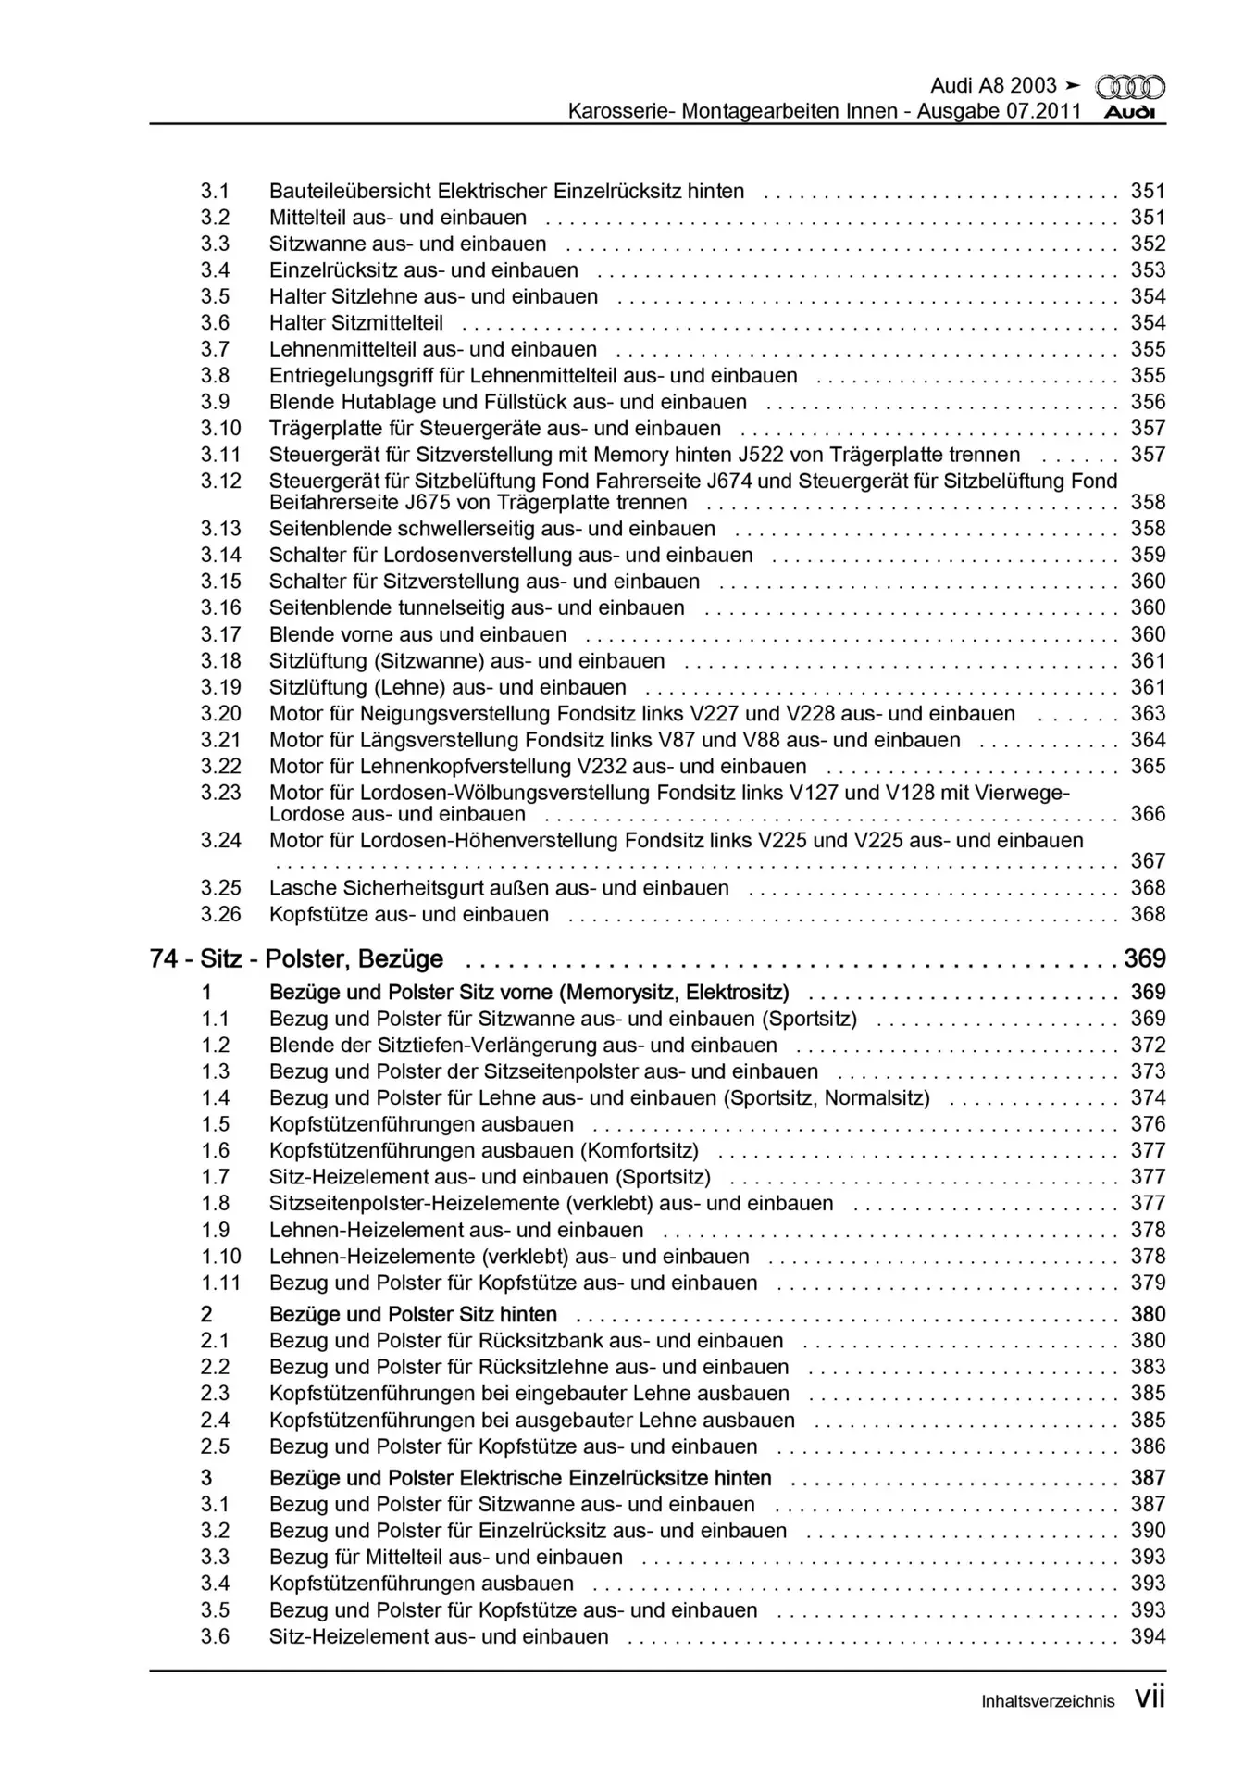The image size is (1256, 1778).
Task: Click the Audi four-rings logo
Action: point(1130,88)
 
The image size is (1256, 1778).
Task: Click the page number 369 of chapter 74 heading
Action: point(1144,958)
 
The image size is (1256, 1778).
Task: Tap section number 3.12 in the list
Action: point(220,481)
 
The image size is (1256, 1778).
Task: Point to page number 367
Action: point(1148,860)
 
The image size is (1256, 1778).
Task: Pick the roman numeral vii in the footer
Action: point(1150,1697)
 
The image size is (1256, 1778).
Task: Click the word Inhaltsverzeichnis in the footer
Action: point(1048,1701)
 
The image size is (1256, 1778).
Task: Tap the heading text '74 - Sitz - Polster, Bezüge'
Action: point(296,958)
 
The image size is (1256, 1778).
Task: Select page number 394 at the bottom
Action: point(1148,1636)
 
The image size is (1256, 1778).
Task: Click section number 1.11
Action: point(221,1283)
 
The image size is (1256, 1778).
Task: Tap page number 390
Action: point(1148,1531)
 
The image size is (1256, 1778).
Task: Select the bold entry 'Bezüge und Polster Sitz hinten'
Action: point(413,1314)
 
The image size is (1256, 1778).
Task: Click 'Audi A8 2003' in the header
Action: point(993,86)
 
